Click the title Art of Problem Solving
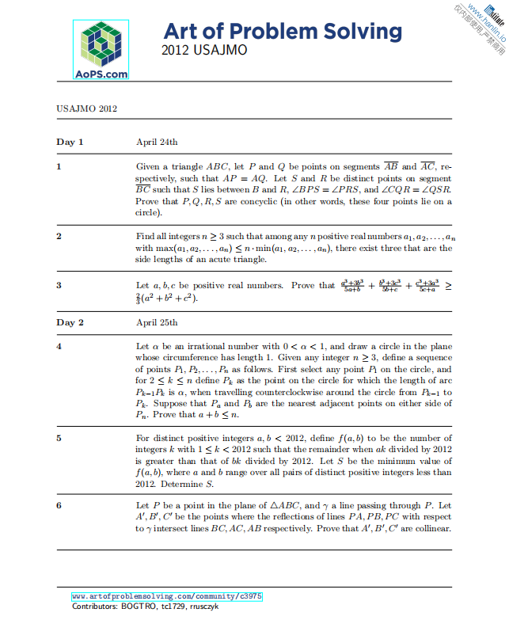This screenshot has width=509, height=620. coord(283,32)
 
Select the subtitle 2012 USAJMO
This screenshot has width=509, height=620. coord(204,50)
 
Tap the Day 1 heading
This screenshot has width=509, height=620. coord(70,143)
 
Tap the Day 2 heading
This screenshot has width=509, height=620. coord(70,323)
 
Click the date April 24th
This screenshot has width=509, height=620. coord(157,143)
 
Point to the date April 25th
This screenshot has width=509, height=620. coord(157,323)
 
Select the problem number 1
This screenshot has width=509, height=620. coord(59,167)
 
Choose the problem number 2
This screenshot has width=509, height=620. coord(59,236)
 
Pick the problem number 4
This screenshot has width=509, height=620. coord(59,347)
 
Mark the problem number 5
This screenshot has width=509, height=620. coord(59,438)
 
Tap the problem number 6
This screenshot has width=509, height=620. coord(59,505)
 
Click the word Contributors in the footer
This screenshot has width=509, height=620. coord(95,606)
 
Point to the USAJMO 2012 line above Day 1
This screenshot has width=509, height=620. coord(87,108)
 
